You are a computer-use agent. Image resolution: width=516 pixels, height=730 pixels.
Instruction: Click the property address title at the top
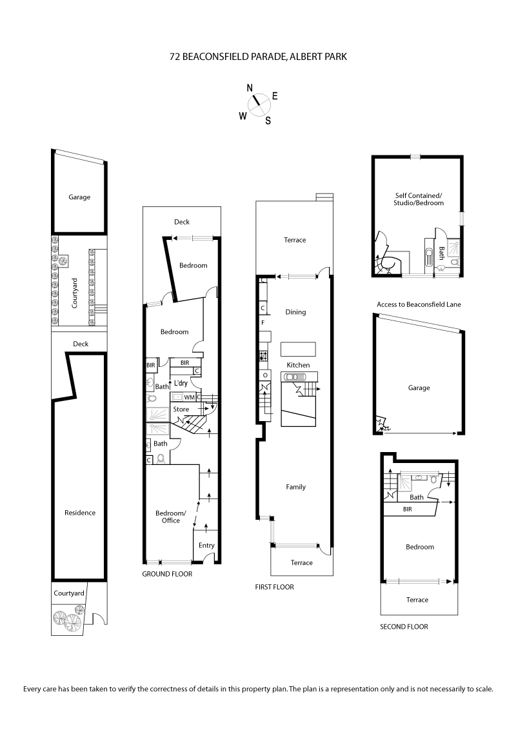click(x=258, y=57)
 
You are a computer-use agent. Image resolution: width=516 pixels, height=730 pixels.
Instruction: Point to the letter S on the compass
click(x=268, y=120)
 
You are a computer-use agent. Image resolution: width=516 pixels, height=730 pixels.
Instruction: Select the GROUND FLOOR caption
click(x=167, y=573)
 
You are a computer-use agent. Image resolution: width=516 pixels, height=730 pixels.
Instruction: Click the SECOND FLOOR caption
click(x=404, y=626)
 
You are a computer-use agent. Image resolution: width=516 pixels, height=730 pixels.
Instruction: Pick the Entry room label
click(x=206, y=546)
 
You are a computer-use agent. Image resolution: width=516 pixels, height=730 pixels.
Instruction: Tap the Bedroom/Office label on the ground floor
click(x=171, y=517)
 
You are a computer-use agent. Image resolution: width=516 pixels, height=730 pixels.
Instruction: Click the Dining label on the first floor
click(x=295, y=312)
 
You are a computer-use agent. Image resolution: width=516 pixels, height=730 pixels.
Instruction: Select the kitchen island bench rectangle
click(x=298, y=349)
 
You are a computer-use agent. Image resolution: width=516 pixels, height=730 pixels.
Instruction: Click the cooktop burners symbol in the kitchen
click(x=263, y=355)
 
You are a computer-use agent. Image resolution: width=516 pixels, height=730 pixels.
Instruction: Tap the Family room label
click(x=295, y=487)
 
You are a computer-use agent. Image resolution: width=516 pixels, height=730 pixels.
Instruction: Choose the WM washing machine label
click(x=189, y=397)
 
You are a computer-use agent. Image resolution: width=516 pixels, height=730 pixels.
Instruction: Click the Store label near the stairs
click(x=181, y=409)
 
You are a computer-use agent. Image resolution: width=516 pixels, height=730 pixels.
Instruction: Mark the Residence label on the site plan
click(x=80, y=513)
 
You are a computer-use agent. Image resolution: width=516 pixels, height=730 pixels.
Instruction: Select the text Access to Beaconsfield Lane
click(x=418, y=304)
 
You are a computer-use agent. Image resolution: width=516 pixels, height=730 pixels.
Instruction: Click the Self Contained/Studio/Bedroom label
click(x=419, y=199)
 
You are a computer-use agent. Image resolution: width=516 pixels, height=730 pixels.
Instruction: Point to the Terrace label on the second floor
click(x=417, y=600)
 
